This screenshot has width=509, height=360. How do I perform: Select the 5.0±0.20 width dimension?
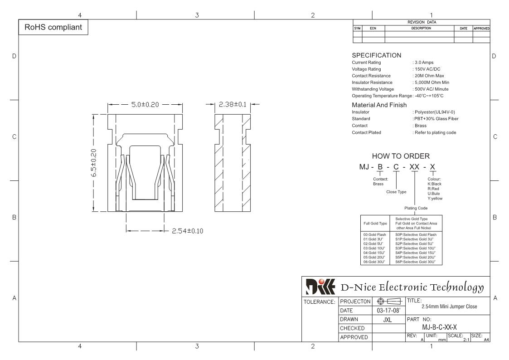pyautogui.click(x=145, y=105)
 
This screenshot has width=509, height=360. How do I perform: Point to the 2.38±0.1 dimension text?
pyautogui.click(x=233, y=105)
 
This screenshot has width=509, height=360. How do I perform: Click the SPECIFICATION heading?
pyautogui.click(x=377, y=55)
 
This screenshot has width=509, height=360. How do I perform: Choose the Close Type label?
pyautogui.click(x=397, y=192)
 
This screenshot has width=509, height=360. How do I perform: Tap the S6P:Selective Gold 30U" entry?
pyautogui.click(x=415, y=262)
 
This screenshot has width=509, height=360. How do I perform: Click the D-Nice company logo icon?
pyautogui.click(x=320, y=287)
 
